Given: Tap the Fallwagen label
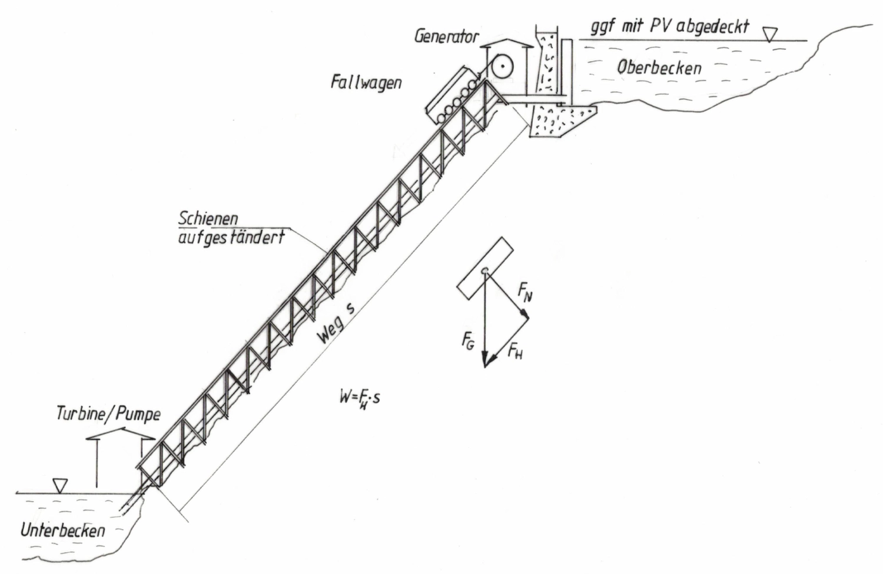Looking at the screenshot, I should click(366, 81).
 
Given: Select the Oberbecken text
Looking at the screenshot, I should click(659, 68).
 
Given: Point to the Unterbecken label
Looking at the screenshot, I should click(63, 530).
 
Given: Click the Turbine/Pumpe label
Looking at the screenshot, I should click(108, 413).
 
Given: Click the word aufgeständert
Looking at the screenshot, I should click(231, 237).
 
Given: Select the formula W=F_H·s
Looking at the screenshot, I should click(359, 398).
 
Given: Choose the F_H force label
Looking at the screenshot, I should click(515, 351).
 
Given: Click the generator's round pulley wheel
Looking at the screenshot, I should click(501, 68).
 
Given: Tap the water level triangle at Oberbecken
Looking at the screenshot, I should click(768, 35).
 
